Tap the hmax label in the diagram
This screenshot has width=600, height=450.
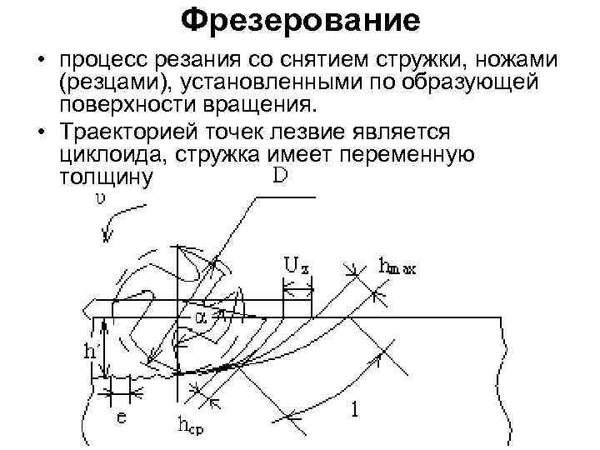tap(397, 267)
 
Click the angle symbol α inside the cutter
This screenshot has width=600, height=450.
tap(201, 317)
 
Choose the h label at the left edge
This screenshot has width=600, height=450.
tap(89, 351)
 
